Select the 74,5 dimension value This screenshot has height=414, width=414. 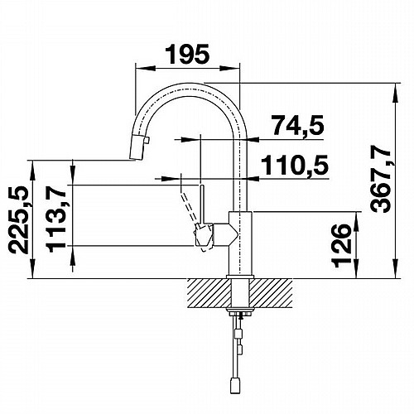(x=297, y=125)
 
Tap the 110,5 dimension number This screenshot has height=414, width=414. (x=295, y=165)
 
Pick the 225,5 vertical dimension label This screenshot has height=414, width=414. (x=19, y=220)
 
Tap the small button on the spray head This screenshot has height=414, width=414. (x=148, y=141)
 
